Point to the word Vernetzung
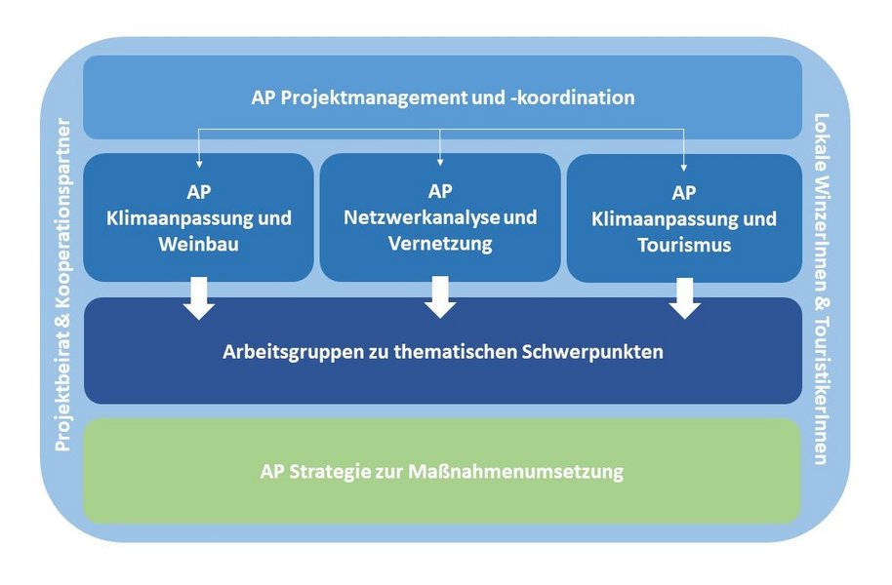coord(440,244)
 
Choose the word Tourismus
coord(684,245)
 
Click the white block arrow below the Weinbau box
coord(199,299)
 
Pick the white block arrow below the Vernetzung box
coord(440,298)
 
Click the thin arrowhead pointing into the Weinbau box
coord(199,161)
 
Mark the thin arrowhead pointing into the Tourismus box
coord(684,161)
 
